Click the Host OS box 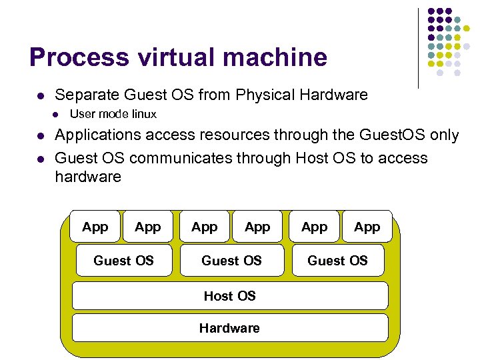coord(229,295)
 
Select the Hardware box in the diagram coord(229,327)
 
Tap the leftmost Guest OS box coord(123,260)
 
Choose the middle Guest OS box coord(231,260)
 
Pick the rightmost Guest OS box coord(337,260)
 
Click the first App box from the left coord(95,227)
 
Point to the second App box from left coord(147,227)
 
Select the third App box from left coord(204,227)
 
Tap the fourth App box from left coord(257,227)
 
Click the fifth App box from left coord(314,227)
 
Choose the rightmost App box coord(367,227)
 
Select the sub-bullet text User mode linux coord(113,114)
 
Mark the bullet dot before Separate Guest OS coord(41,95)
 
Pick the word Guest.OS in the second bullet coord(390,135)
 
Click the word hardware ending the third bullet coord(88,177)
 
